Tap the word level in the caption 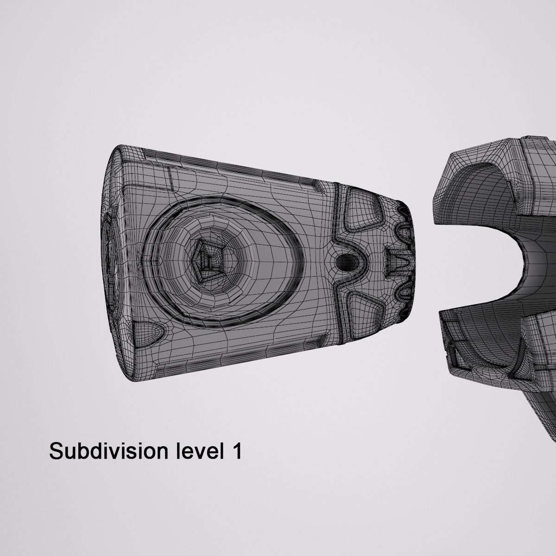pos(198,450)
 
